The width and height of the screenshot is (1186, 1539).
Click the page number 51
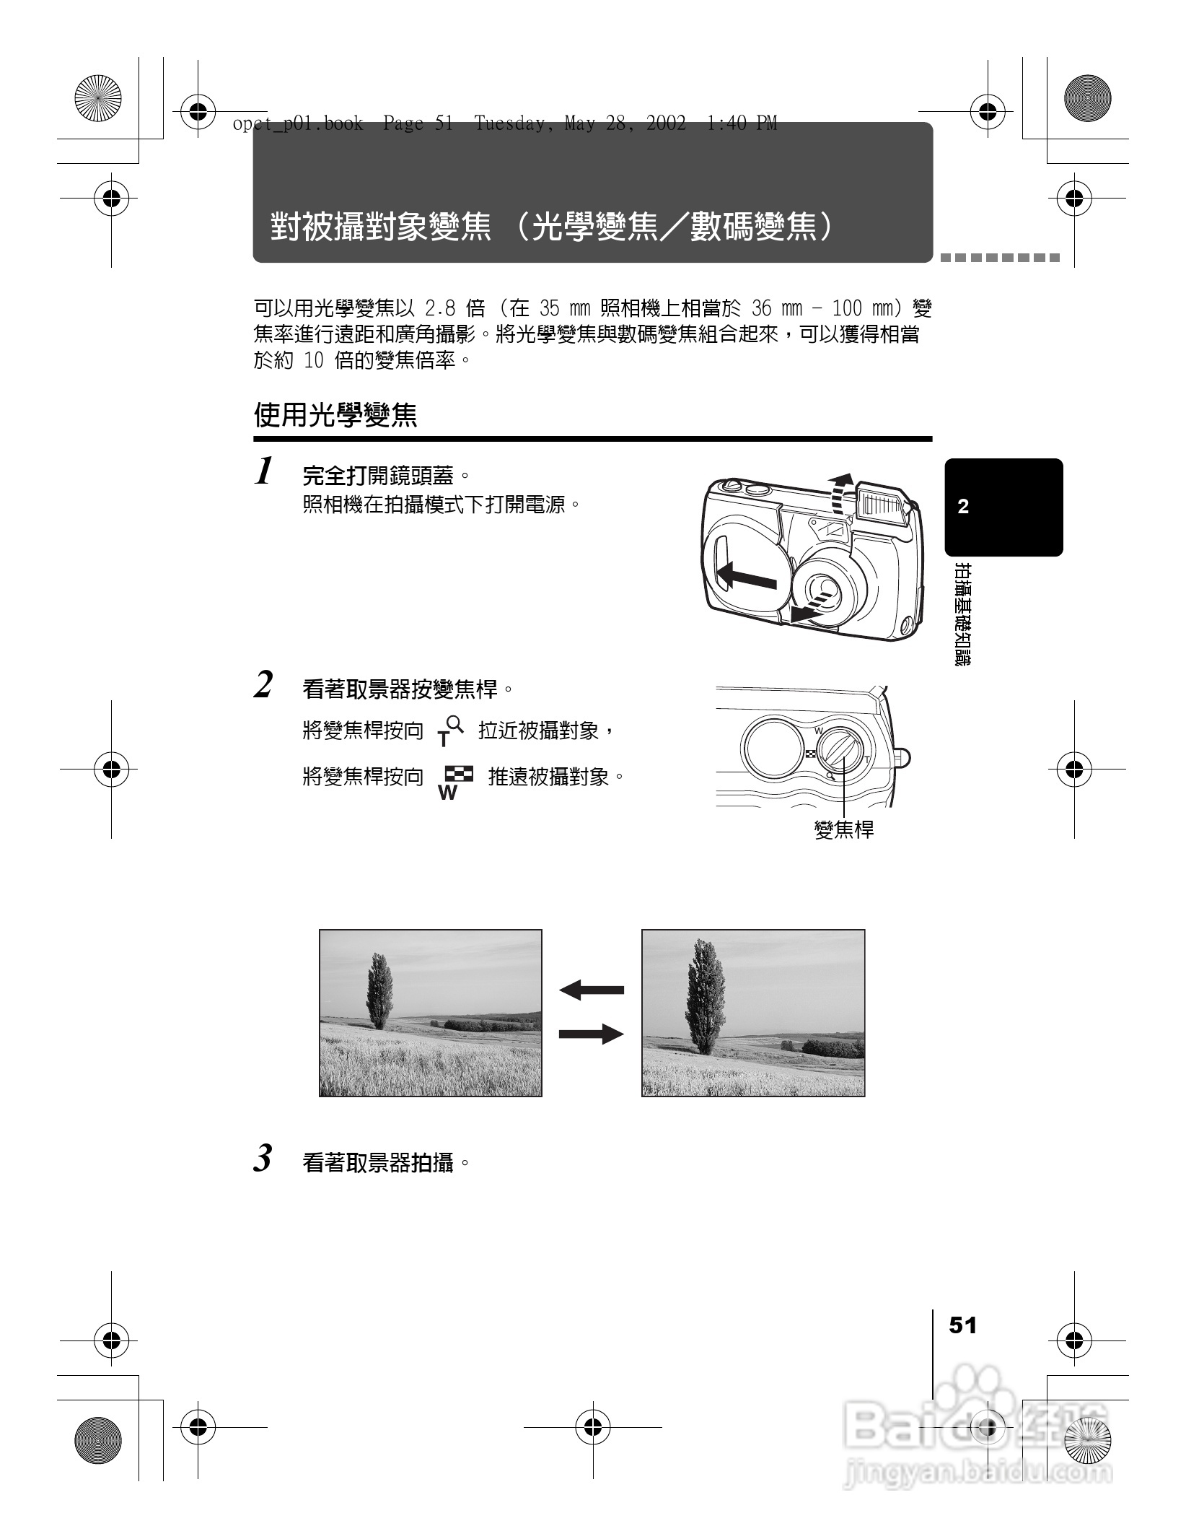pos(962,1325)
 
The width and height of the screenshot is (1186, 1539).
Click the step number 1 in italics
pos(265,472)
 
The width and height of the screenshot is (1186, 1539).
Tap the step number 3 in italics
pos(263,1159)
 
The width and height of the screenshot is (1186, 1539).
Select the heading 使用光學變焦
pos(335,415)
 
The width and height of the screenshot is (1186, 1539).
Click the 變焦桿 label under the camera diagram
pos(843,830)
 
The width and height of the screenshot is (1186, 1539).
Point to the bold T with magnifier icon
pos(449,731)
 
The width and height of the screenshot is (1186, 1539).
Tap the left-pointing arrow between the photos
pos(591,990)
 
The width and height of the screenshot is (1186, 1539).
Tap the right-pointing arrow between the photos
pos(591,1034)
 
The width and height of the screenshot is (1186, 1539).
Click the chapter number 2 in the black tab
pos(963,507)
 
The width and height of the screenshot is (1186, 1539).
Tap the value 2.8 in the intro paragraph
pos(440,309)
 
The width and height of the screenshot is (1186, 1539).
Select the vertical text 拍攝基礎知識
pos(962,614)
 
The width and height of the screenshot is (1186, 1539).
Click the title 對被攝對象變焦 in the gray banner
pos(381,227)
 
